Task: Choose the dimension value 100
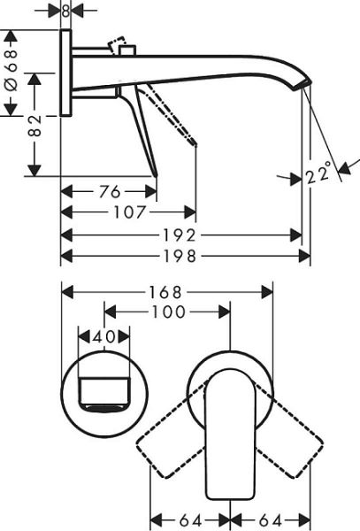[x=167, y=312]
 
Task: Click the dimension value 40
[x=103, y=337]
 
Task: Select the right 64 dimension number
[x=271, y=519]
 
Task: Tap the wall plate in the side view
[x=65, y=74]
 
